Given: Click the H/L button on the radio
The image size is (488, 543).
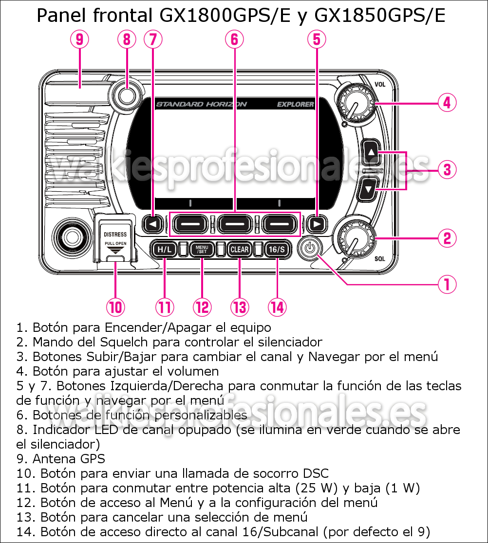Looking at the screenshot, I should tap(164, 250).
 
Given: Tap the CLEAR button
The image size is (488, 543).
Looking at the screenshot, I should tap(240, 250).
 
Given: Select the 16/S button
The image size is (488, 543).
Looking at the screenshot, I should tap(277, 250).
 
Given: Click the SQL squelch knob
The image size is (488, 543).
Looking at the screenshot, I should tap(355, 238).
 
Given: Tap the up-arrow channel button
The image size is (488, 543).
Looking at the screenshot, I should tap(371, 152).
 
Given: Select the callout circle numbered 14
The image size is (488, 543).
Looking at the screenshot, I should tap(277, 307).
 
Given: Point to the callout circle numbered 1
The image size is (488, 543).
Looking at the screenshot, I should tap(447, 284).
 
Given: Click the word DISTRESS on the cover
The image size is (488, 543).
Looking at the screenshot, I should tap(115, 235).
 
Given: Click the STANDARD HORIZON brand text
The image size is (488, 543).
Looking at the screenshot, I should tap(201, 104).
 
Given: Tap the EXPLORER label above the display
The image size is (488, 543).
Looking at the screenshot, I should tap(295, 104).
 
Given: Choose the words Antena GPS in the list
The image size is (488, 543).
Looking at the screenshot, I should tap(69, 458).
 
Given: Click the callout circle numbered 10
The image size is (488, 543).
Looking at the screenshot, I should tap(115, 307).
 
